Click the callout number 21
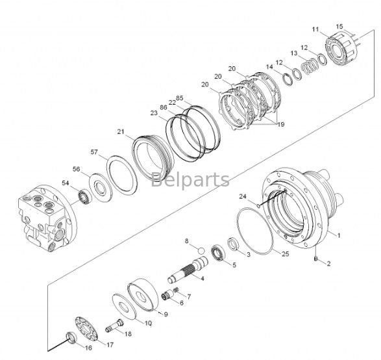coord(121,132)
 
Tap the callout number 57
coord(94,152)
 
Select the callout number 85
coord(180,98)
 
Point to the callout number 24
coord(243,196)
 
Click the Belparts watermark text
coord(190,179)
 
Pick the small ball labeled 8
coord(201,250)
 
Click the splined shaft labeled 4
coord(188,270)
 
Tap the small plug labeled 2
coord(316,259)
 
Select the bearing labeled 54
coord(85,196)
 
